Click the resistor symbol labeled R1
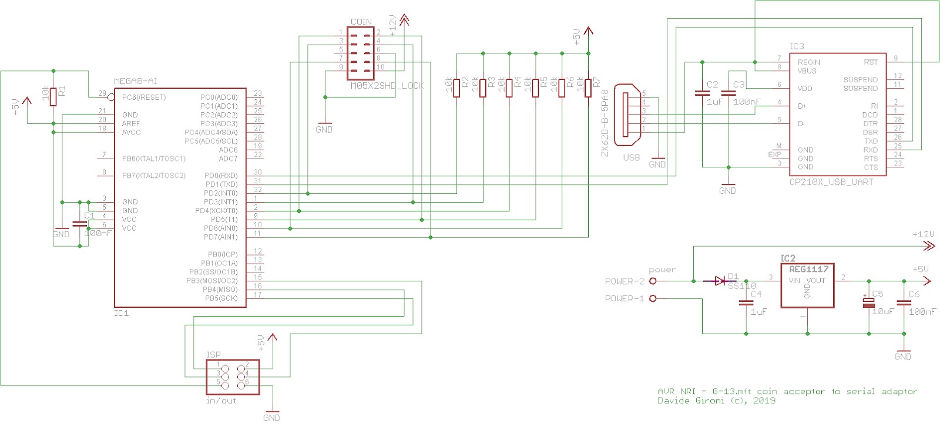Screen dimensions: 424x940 pyautogui.click(x=53, y=96)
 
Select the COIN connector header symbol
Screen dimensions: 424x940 pyautogui.click(x=360, y=53)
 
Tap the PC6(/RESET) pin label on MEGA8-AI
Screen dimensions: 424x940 pyautogui.click(x=144, y=97)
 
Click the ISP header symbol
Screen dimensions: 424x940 pyautogui.click(x=233, y=377)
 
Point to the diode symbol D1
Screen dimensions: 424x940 pyautogui.click(x=719, y=281)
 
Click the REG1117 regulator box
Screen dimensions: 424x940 pyautogui.click(x=807, y=286)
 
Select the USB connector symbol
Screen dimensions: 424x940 pyautogui.click(x=627, y=115)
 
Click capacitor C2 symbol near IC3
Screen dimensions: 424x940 pyautogui.click(x=702, y=93)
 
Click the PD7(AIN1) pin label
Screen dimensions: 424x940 pyautogui.click(x=220, y=237)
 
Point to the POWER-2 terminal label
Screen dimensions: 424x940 pyautogui.click(x=624, y=281)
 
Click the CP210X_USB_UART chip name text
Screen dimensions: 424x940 pyautogui.click(x=831, y=182)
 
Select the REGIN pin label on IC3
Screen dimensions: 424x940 pyautogui.click(x=808, y=62)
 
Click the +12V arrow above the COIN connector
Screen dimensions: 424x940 pyautogui.click(x=404, y=21)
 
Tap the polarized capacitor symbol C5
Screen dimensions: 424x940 pyautogui.click(x=868, y=303)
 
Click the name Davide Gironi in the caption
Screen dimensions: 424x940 pyautogui.click(x=690, y=401)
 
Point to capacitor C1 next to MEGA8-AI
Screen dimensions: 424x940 pyautogui.click(x=79, y=224)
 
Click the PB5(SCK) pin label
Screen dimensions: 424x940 pyautogui.click(x=221, y=298)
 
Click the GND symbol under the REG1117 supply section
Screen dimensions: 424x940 pyautogui.click(x=904, y=354)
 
